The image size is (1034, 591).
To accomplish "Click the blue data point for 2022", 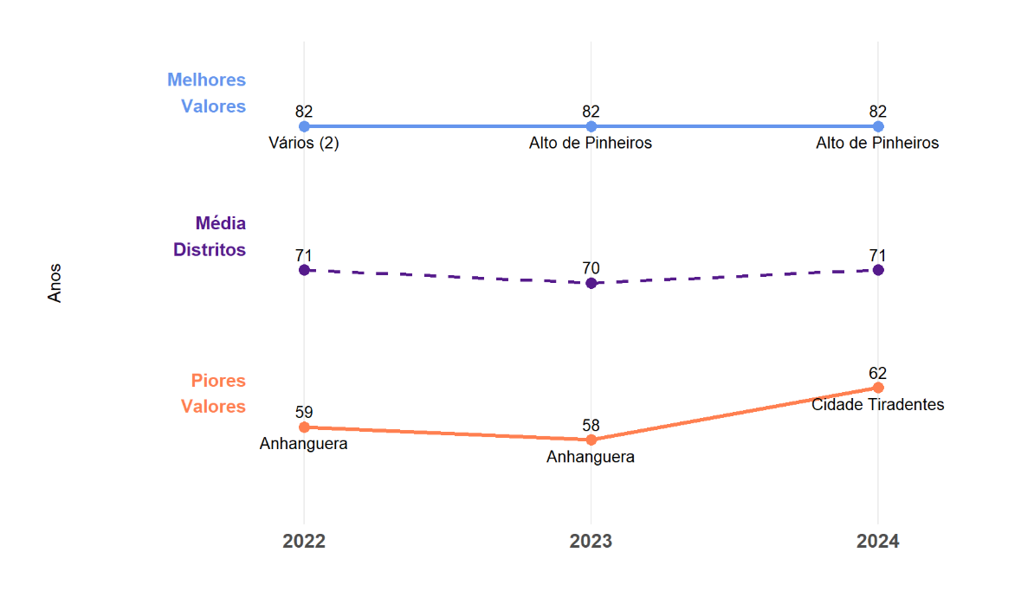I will click(x=304, y=126).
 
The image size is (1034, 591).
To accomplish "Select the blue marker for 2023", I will click(x=591, y=126).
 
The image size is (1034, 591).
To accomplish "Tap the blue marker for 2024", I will click(x=878, y=126).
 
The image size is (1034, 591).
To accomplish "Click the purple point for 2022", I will click(x=304, y=270).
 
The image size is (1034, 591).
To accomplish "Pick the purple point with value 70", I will click(x=591, y=283).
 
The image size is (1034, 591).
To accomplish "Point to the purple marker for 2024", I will click(x=878, y=270).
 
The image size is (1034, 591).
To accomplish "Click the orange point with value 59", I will click(x=304, y=427).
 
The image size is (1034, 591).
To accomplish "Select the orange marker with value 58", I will click(x=591, y=440).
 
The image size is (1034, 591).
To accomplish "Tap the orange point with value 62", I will click(x=878, y=388).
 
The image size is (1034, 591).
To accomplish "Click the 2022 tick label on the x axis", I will click(x=304, y=542).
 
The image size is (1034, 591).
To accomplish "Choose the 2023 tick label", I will click(x=591, y=542).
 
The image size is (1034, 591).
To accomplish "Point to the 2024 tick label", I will click(x=878, y=542).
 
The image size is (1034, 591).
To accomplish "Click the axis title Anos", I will click(x=55, y=283).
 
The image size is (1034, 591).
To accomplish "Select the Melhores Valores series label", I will click(x=207, y=93).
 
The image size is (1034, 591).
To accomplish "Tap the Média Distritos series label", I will click(x=210, y=236).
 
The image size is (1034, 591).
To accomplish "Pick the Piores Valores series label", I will click(x=213, y=394).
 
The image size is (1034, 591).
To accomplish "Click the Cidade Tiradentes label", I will click(x=878, y=405).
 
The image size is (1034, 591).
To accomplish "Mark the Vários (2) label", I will click(x=304, y=144).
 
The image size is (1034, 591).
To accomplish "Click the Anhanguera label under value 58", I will click(x=591, y=458).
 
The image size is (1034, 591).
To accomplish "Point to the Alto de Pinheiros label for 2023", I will click(x=591, y=144).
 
